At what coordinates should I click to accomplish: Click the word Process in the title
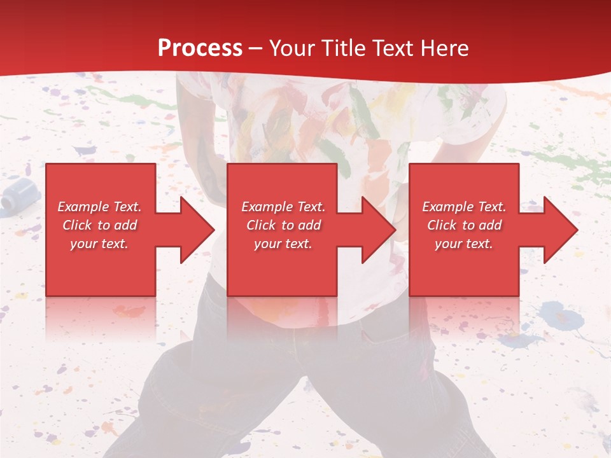click(200, 48)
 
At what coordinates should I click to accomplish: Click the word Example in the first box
click(83, 207)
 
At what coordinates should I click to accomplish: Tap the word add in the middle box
click(309, 225)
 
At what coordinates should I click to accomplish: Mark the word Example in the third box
click(448, 207)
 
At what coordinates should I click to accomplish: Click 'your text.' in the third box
click(463, 244)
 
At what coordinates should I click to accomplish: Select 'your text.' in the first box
click(99, 244)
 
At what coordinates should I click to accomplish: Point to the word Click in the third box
click(442, 225)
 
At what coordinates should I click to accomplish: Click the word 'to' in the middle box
click(288, 225)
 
